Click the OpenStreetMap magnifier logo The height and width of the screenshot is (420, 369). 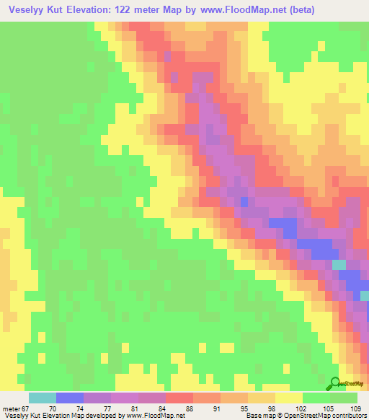(336, 382)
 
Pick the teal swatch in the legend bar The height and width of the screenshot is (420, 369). (43, 398)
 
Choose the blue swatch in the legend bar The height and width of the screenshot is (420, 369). (70, 398)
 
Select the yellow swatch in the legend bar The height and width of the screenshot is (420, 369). (289, 398)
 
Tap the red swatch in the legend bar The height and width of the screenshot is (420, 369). (179, 398)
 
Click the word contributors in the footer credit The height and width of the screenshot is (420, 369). (346, 416)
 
